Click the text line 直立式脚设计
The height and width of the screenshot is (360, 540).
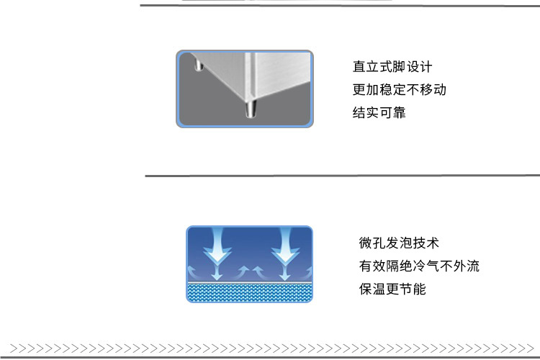(x=392, y=67)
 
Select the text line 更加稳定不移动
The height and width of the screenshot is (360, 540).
(x=399, y=89)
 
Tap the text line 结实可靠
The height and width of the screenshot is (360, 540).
(x=379, y=112)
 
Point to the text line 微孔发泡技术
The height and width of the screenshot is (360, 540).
(x=398, y=243)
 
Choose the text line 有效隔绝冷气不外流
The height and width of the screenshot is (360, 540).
(x=419, y=266)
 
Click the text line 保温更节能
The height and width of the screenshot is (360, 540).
(x=392, y=289)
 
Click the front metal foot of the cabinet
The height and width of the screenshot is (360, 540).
(x=251, y=109)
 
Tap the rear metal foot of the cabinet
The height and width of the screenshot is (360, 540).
(x=199, y=65)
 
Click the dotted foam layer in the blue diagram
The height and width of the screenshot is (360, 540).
(x=249, y=292)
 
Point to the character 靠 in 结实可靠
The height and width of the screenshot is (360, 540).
(x=399, y=112)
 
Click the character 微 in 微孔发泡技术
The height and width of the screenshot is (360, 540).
(x=365, y=243)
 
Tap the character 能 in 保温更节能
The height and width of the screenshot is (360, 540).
(x=420, y=289)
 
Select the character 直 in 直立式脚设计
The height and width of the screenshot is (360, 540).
(x=359, y=67)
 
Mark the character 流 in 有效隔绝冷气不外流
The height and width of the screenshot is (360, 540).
(x=473, y=266)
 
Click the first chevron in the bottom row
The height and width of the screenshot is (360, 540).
(x=14, y=348)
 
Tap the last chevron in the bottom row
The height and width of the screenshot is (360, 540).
(x=530, y=348)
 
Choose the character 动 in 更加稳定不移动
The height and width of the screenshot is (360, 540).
(x=440, y=89)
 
